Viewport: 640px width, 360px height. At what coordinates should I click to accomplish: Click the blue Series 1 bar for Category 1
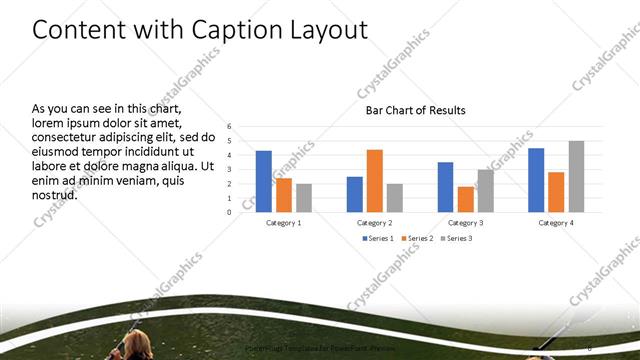pos(264,181)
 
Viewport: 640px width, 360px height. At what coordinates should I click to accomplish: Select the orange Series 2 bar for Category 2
pos(375,181)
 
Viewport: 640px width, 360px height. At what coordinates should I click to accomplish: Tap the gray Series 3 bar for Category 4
pos(576,176)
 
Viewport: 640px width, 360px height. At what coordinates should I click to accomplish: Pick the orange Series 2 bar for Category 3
pos(465,199)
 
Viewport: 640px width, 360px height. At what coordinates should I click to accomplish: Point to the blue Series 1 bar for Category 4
pos(536,180)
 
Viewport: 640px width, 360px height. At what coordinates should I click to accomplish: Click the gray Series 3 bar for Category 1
pos(304,198)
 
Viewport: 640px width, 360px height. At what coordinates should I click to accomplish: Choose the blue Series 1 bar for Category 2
pos(355,194)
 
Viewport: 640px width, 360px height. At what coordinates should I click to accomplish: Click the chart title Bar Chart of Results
pos(415,110)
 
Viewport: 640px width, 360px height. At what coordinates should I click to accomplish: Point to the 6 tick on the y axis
pos(230,126)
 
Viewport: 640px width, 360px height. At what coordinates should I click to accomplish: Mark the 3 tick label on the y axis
pos(230,169)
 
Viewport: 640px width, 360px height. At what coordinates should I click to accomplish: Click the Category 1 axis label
pos(284,222)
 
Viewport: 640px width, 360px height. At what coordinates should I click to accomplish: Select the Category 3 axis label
pos(465,222)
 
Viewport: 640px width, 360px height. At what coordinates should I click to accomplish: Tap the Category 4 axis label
pos(556,222)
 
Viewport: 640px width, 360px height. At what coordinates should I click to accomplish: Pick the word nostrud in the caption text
pos(55,194)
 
